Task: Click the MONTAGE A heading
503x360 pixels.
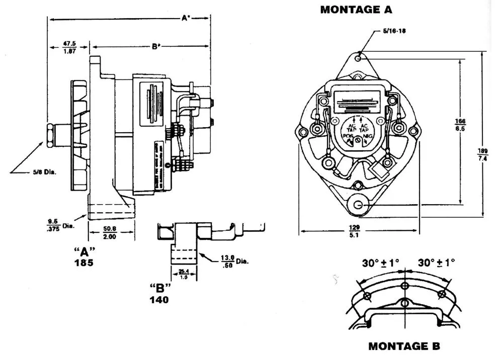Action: [356, 10]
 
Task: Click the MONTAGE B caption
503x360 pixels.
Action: [404, 346]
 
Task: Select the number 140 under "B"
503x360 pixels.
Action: [158, 300]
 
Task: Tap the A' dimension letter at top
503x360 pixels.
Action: [186, 18]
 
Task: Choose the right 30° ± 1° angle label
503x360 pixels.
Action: [436, 262]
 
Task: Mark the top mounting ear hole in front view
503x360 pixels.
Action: [358, 59]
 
